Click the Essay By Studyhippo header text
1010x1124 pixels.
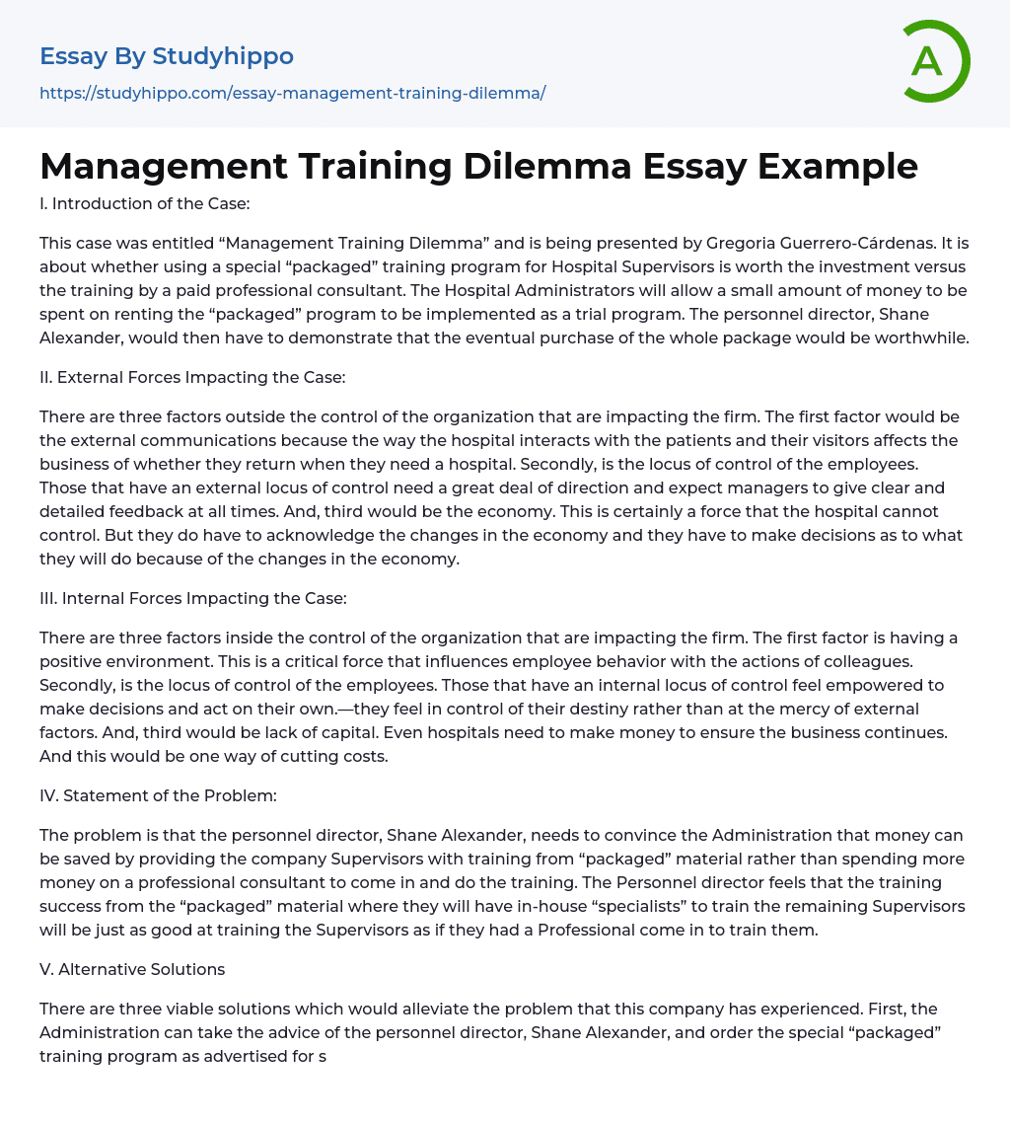click(x=167, y=57)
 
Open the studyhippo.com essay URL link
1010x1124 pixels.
click(x=292, y=93)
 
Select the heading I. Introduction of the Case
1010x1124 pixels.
click(x=144, y=203)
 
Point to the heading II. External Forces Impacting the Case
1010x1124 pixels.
click(x=192, y=377)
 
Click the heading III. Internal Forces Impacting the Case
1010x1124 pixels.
click(x=192, y=598)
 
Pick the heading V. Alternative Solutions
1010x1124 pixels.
click(x=132, y=969)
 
